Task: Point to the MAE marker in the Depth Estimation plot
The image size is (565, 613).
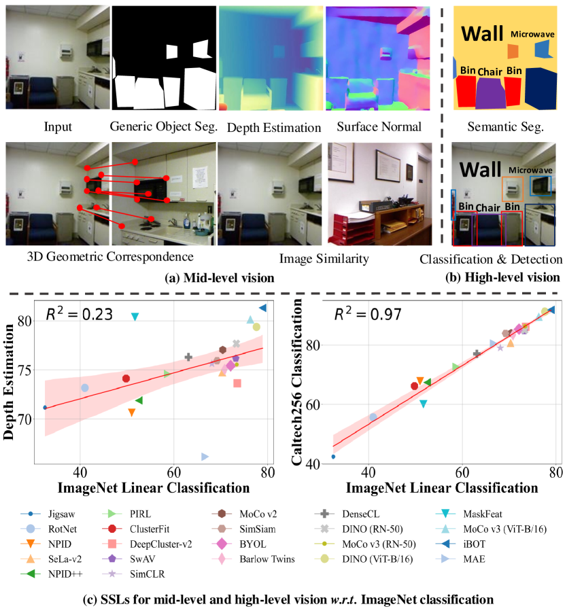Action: click(x=205, y=457)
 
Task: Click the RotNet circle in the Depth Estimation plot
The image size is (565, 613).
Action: click(x=85, y=388)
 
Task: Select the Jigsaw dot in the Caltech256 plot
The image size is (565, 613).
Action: click(x=333, y=457)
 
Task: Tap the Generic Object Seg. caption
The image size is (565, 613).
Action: click(x=163, y=127)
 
